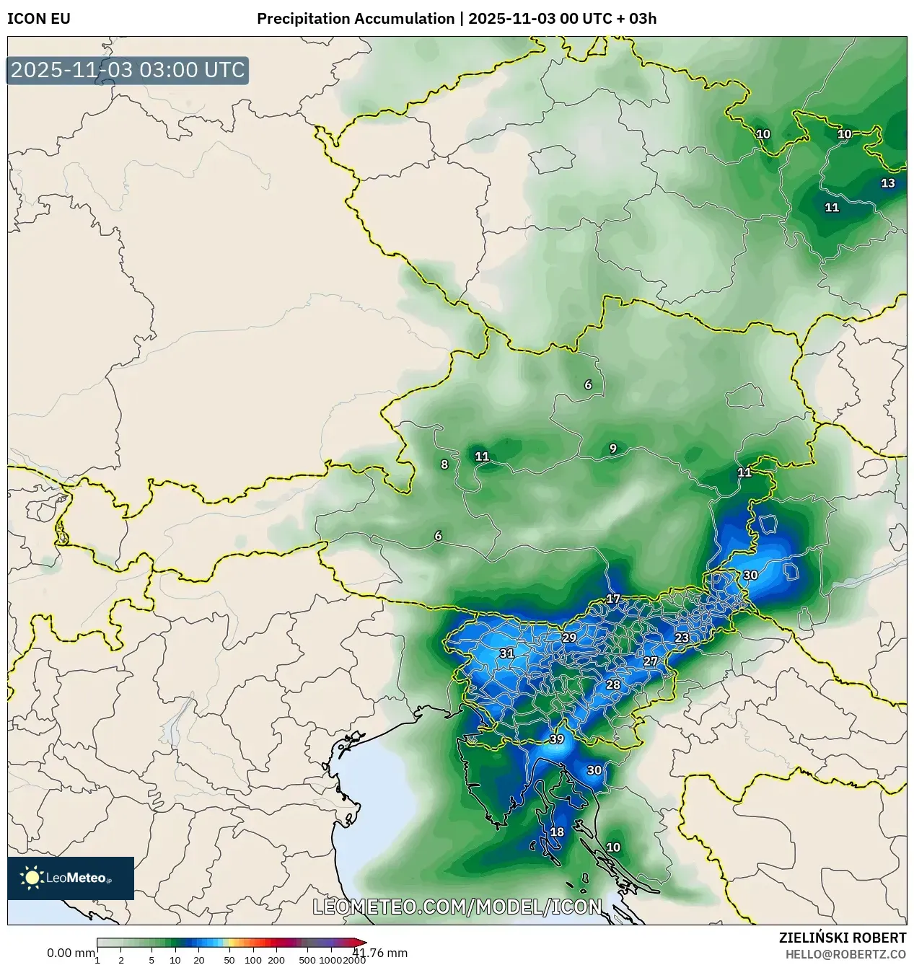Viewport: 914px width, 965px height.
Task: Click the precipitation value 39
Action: pyautogui.click(x=556, y=739)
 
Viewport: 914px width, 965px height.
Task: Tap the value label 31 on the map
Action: pyautogui.click(x=507, y=653)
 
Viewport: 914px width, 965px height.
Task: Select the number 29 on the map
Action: pyautogui.click(x=569, y=638)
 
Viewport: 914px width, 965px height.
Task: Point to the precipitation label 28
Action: pyautogui.click(x=613, y=684)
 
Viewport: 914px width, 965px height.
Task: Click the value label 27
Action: pyautogui.click(x=651, y=661)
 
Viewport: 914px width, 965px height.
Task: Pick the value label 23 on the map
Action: pyautogui.click(x=682, y=638)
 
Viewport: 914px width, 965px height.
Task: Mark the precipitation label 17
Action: pyautogui.click(x=613, y=599)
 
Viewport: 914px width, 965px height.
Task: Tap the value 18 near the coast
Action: pyautogui.click(x=557, y=832)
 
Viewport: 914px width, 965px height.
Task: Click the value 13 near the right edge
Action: pyautogui.click(x=887, y=183)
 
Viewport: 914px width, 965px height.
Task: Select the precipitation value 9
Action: pyautogui.click(x=613, y=449)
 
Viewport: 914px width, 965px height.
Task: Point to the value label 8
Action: pyautogui.click(x=444, y=464)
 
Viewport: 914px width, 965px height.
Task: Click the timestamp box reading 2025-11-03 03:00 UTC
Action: pyautogui.click(x=128, y=71)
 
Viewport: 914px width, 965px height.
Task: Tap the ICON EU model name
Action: pyautogui.click(x=39, y=19)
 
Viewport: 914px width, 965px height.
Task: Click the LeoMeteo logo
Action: pyautogui.click(x=71, y=878)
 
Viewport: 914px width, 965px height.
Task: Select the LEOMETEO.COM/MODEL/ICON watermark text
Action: pyautogui.click(x=457, y=907)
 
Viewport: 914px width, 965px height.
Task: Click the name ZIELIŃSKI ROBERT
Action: pyautogui.click(x=842, y=938)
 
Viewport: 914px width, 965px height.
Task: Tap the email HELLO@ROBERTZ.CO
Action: pyautogui.click(x=845, y=953)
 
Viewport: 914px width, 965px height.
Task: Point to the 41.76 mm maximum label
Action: pyautogui.click(x=380, y=953)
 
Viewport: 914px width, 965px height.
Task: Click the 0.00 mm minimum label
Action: pyautogui.click(x=71, y=953)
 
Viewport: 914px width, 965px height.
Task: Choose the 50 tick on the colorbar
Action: pyautogui.click(x=229, y=960)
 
